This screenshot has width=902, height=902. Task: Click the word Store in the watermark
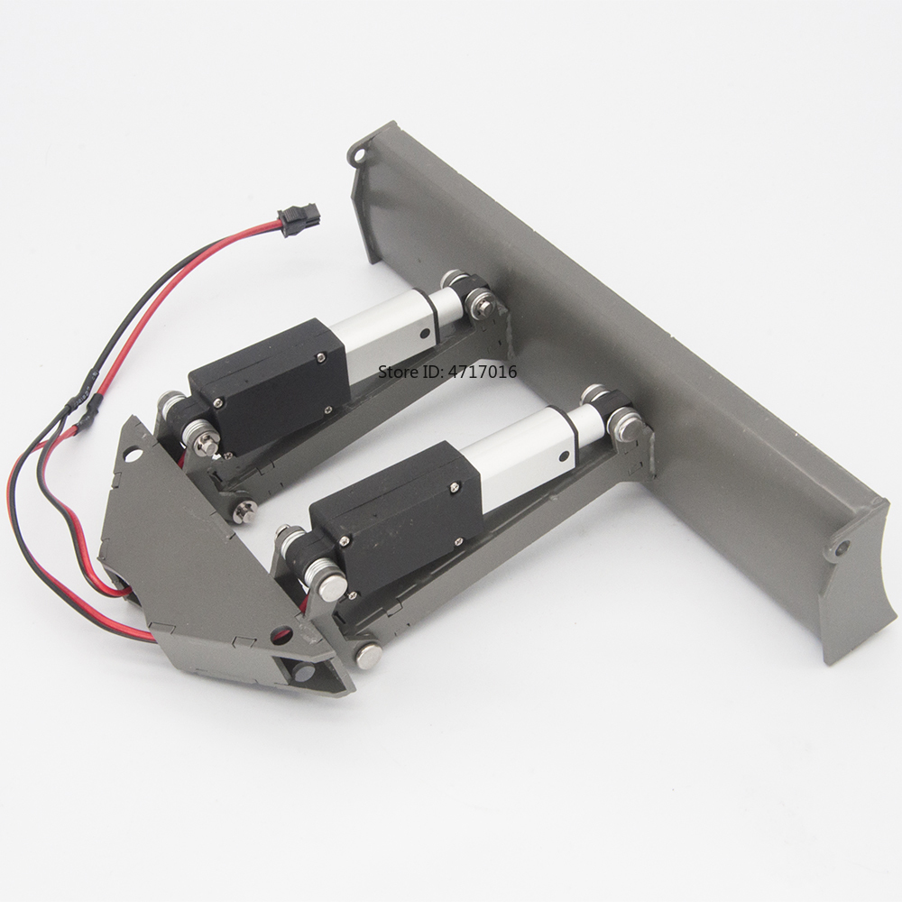pos(396,371)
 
